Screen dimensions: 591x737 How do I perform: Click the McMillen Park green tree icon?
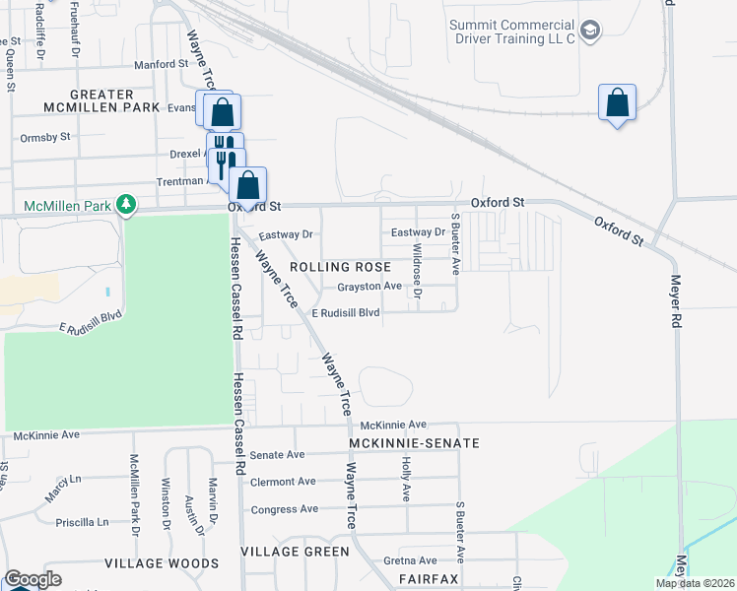click(x=125, y=204)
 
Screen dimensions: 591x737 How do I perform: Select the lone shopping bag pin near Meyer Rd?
click(x=617, y=102)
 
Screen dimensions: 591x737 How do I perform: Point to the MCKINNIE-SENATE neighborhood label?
click(x=414, y=443)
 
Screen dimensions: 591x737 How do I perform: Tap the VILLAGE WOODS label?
click(x=162, y=563)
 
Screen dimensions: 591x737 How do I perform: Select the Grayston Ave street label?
click(x=369, y=287)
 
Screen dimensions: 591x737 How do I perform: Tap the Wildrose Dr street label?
click(x=417, y=271)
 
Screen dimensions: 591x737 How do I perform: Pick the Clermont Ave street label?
click(x=283, y=482)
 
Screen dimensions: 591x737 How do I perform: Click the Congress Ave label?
click(x=285, y=509)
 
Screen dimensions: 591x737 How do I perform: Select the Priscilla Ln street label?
click(x=82, y=522)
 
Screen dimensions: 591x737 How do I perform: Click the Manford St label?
click(x=161, y=64)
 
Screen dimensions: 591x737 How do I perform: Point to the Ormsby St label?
click(x=45, y=137)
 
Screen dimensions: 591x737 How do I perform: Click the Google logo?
click(x=33, y=579)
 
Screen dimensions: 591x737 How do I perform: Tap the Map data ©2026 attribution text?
click(x=694, y=583)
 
